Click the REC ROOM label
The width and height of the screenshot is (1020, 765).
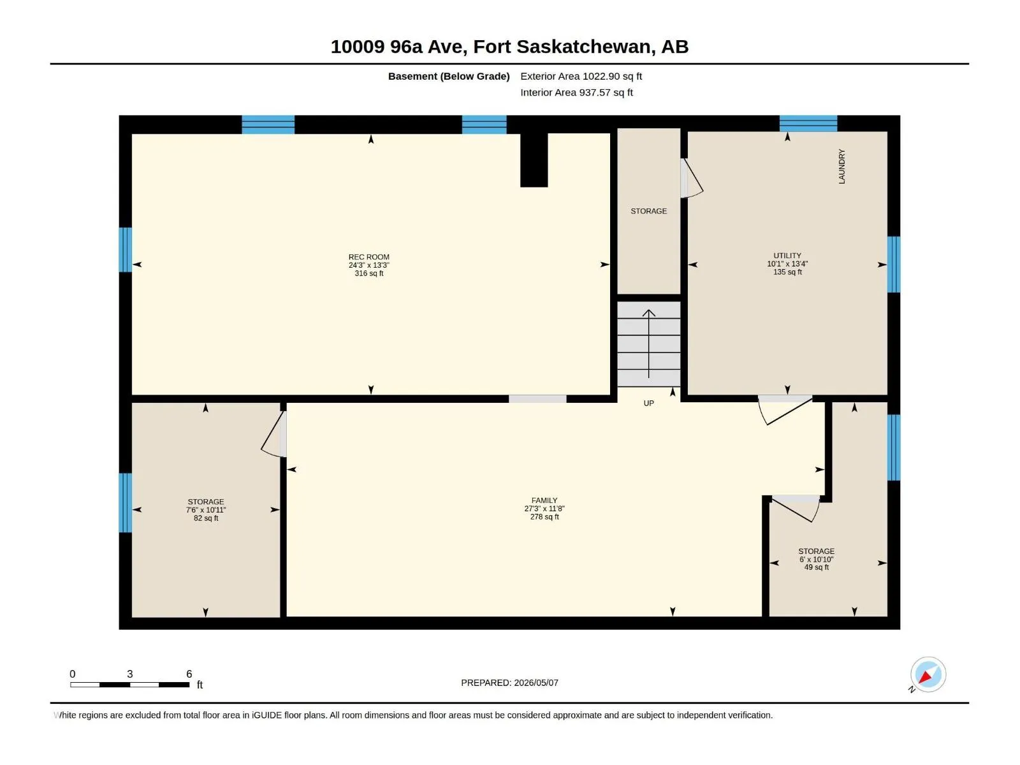369,257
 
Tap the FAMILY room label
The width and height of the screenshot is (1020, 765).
544,500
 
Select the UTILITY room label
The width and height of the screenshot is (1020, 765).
787,256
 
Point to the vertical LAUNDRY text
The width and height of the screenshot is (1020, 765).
841,166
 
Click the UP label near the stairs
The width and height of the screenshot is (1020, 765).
649,403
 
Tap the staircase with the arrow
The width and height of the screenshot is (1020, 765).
649,344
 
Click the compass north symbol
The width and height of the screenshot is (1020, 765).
928,674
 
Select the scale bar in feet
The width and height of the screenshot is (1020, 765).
130,684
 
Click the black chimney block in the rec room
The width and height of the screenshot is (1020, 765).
534,160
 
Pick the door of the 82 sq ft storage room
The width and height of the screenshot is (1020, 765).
274,434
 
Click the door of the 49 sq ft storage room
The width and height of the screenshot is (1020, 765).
795,508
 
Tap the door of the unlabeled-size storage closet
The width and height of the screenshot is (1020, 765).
692,178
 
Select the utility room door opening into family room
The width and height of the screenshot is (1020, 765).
785,410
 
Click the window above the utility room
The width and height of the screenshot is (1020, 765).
808,124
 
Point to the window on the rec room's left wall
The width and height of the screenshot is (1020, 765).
126,249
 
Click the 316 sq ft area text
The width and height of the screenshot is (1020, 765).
369,273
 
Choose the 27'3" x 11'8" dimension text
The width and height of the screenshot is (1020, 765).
544,509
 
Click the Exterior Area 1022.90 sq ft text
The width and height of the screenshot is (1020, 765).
581,76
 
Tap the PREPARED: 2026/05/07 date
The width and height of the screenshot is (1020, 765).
509,683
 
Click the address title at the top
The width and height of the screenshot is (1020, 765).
509,47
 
